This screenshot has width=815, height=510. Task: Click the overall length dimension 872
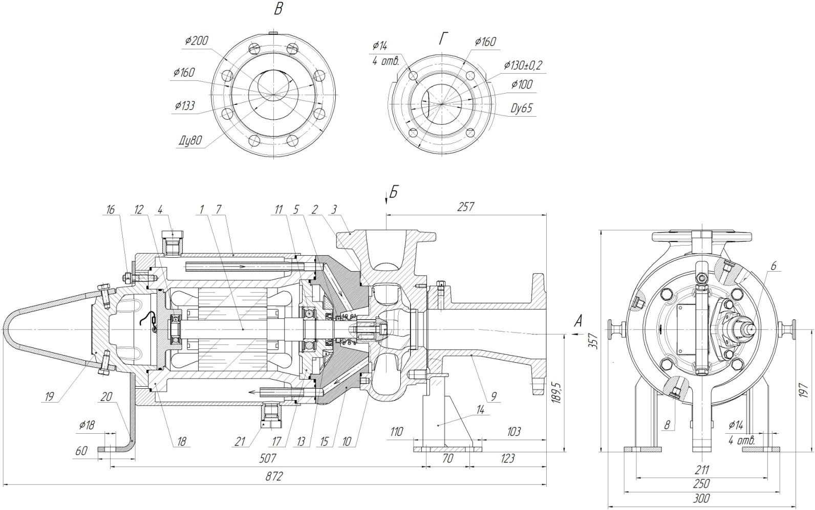pyautogui.click(x=273, y=477)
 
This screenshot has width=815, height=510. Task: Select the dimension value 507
pyautogui.click(x=268, y=458)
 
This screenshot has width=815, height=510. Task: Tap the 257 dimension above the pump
pyautogui.click(x=466, y=207)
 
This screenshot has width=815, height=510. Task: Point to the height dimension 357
pyautogui.click(x=593, y=341)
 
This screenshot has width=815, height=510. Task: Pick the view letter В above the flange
pyautogui.click(x=278, y=9)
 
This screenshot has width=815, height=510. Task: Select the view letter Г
pyautogui.click(x=443, y=38)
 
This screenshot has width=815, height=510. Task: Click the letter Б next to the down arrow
pyautogui.click(x=394, y=192)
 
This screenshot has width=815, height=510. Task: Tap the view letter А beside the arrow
pyautogui.click(x=578, y=321)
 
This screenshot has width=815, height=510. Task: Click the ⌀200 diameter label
pyautogui.click(x=196, y=41)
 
